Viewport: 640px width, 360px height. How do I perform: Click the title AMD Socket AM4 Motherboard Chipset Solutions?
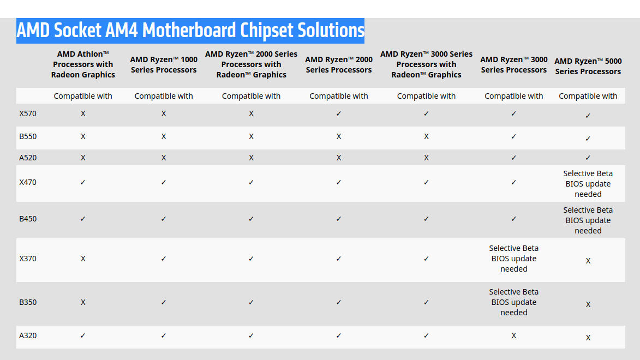(x=190, y=31)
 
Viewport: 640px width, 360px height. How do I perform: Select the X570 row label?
(x=28, y=113)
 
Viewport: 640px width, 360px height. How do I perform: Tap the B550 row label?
(x=28, y=136)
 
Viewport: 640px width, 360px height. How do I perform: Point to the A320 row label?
(x=28, y=335)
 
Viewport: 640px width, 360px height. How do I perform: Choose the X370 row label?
(x=28, y=259)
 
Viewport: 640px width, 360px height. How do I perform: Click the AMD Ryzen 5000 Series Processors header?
(x=588, y=66)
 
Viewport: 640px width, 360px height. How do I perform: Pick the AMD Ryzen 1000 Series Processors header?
(x=164, y=64)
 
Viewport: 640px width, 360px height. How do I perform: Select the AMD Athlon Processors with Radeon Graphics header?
(x=83, y=64)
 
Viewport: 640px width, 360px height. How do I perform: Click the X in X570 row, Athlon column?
(x=83, y=113)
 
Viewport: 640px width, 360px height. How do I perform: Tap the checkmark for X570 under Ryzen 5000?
(x=588, y=116)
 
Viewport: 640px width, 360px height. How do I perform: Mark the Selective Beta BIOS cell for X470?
(x=588, y=184)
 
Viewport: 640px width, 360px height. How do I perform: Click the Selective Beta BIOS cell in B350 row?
(x=513, y=302)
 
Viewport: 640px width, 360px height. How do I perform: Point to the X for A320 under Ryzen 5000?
(x=588, y=338)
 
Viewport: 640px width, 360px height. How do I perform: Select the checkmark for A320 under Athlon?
(x=83, y=335)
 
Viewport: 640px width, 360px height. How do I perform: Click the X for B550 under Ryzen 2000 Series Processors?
(x=339, y=136)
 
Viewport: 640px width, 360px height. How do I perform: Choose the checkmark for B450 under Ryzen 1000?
(x=164, y=219)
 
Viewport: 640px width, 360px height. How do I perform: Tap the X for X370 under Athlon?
(x=83, y=259)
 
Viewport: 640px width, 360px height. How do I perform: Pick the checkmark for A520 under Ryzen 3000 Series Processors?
(x=513, y=158)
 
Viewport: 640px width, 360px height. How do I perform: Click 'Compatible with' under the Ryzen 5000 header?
(x=588, y=96)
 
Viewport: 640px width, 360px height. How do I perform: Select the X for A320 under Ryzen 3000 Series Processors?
(x=513, y=335)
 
